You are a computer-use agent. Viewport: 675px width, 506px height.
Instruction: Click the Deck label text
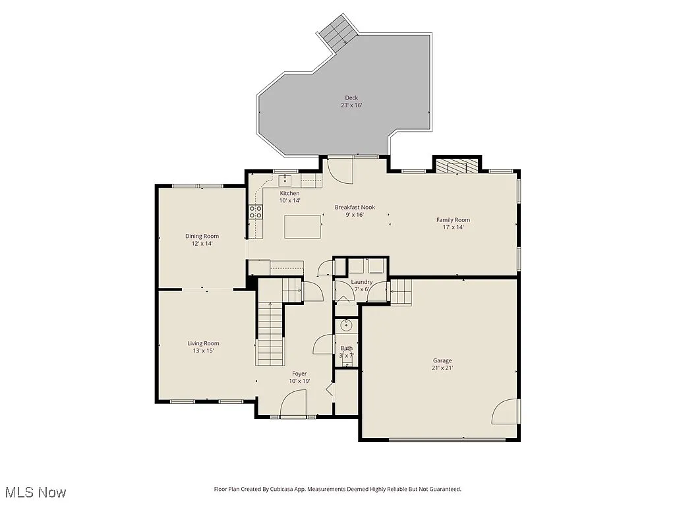(x=351, y=98)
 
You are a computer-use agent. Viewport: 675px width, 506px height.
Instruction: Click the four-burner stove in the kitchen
(x=255, y=212)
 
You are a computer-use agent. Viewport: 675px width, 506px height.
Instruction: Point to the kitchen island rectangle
(x=303, y=226)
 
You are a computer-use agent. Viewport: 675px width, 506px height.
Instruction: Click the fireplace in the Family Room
(x=457, y=165)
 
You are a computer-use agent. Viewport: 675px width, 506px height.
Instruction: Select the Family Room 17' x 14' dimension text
(x=453, y=228)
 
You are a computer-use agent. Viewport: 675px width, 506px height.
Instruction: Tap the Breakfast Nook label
(x=355, y=207)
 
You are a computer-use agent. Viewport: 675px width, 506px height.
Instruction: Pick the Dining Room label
(x=202, y=236)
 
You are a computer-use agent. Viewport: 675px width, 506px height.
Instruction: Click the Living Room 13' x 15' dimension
(x=203, y=351)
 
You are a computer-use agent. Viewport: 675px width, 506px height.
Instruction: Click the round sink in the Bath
(x=347, y=325)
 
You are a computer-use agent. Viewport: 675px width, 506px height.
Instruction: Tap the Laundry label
(x=362, y=282)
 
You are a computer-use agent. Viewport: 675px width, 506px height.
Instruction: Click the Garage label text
(x=442, y=360)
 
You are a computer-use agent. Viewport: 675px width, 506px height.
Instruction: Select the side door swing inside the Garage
(x=506, y=412)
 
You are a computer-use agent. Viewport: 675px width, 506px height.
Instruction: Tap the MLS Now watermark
(x=36, y=492)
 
